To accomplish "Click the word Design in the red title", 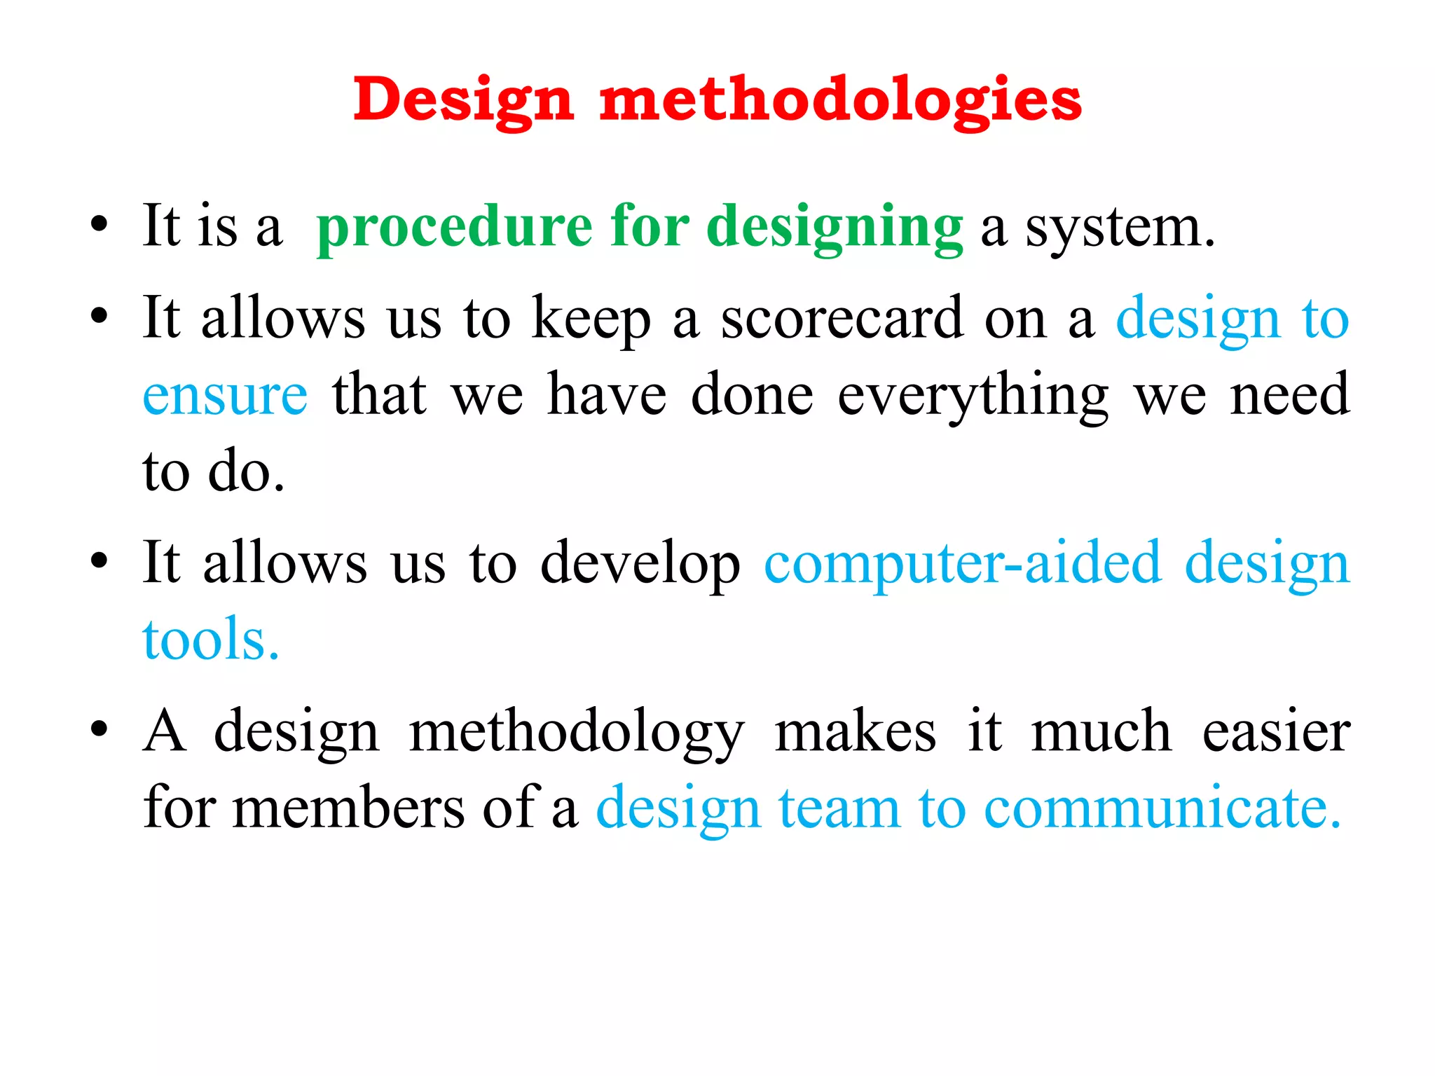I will pyautogui.click(x=463, y=100).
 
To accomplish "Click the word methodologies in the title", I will pyautogui.click(x=840, y=100).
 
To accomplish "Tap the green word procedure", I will pyautogui.click(x=455, y=227).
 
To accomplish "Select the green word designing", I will pyautogui.click(x=835, y=227).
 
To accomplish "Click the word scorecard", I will pyautogui.click(x=842, y=319).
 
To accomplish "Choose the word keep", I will pyautogui.click(x=591, y=319).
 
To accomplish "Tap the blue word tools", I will pyautogui.click(x=210, y=640).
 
